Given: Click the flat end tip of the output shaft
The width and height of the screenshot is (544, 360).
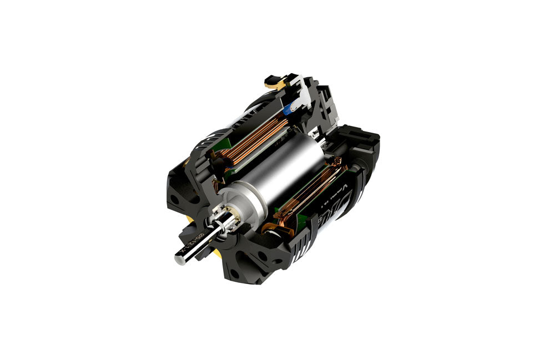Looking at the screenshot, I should (180, 260).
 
